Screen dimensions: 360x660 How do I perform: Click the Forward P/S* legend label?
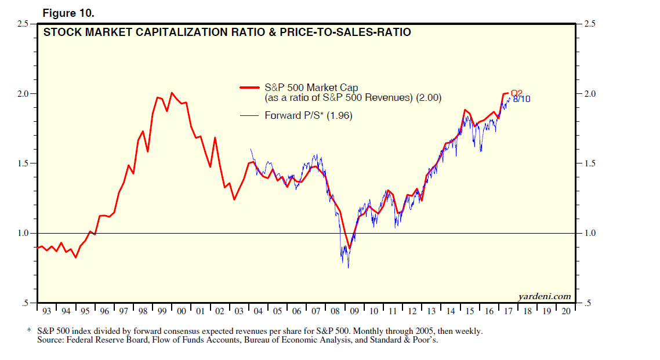pos(294,116)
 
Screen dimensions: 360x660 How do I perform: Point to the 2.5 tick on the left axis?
pos(24,24)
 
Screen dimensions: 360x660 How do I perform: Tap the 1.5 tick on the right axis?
pos(589,163)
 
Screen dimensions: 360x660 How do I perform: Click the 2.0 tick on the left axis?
pos(24,94)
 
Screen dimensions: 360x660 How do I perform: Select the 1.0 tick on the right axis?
pos(589,233)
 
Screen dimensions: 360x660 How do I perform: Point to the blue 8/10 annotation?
pos(521,99)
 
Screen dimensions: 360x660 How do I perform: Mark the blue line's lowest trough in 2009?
pos(348,267)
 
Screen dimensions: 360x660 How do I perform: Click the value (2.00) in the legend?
pos(429,99)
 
